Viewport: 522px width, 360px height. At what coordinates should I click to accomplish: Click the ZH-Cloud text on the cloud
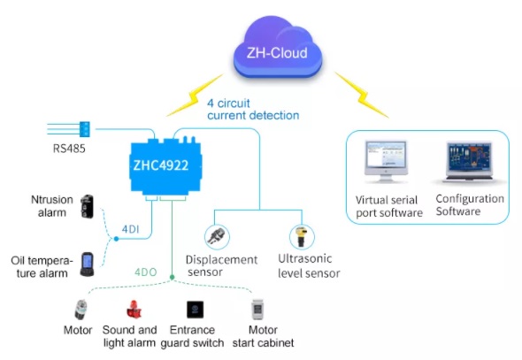tap(277, 53)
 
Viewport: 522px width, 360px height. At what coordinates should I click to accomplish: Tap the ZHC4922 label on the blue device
tap(161, 165)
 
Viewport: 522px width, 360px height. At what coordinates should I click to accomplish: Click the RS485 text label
tap(69, 149)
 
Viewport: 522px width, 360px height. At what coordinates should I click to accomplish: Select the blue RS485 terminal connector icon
tap(85, 129)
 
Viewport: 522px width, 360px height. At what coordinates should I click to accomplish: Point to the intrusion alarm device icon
tap(88, 207)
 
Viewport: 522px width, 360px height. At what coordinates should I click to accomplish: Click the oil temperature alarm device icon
tap(88, 264)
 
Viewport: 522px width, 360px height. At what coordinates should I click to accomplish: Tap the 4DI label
tap(131, 229)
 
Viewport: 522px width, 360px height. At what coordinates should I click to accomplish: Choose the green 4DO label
tap(145, 272)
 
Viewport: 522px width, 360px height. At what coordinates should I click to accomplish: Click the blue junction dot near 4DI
tap(116, 239)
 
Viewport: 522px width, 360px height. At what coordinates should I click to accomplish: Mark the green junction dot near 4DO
tap(173, 277)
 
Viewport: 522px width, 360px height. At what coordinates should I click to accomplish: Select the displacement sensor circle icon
tap(217, 237)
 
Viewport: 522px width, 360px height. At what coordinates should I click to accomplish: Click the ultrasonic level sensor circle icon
tap(302, 237)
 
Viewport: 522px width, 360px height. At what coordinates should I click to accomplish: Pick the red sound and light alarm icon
tap(134, 310)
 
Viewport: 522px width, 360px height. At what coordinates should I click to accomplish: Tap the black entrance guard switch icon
tap(195, 310)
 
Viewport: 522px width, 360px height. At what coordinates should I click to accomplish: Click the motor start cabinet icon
tap(257, 310)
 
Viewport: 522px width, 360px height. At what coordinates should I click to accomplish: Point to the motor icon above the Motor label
tap(81, 310)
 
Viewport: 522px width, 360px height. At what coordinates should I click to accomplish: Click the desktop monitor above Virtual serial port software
tap(386, 162)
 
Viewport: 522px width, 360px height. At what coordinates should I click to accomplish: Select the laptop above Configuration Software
tap(469, 162)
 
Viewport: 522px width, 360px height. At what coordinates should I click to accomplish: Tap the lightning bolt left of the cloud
tap(195, 96)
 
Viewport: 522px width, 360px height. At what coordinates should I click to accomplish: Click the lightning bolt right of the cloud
tap(362, 95)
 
